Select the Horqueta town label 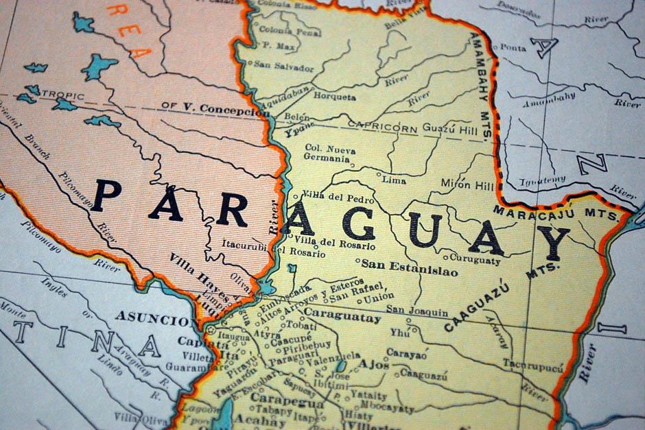click(x=335, y=97)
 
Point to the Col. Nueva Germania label click(x=328, y=153)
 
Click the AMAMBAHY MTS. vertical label click(x=481, y=86)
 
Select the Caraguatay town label click(x=342, y=318)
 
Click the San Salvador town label click(x=284, y=67)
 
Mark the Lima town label click(x=394, y=180)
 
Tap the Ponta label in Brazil click(x=513, y=47)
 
